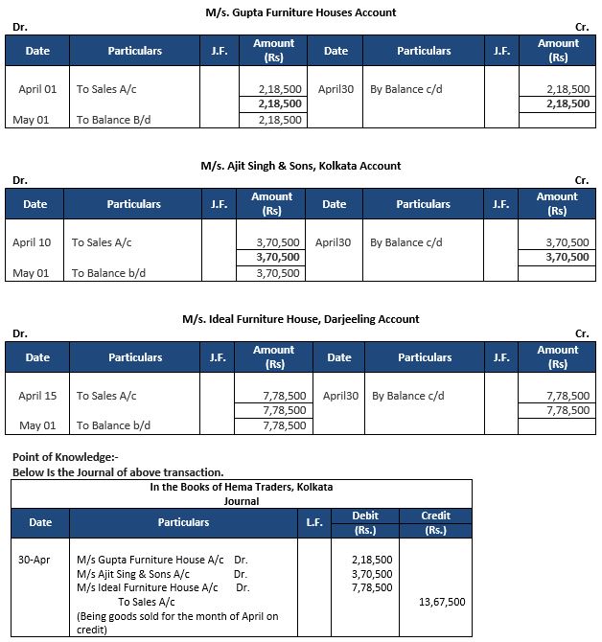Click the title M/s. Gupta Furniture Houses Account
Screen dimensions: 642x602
pyautogui.click(x=301, y=12)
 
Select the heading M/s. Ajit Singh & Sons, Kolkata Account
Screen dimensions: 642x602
pyautogui.click(x=301, y=166)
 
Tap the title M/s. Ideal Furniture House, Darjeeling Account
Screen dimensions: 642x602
pyautogui.click(x=301, y=319)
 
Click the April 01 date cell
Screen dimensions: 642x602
pyautogui.click(x=37, y=89)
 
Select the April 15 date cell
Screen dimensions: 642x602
pyautogui.click(x=37, y=396)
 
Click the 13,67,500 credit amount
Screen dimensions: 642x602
pyautogui.click(x=442, y=602)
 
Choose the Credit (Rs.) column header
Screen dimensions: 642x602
pyautogui.click(x=435, y=522)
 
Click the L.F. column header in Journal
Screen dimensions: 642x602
pyautogui.click(x=313, y=522)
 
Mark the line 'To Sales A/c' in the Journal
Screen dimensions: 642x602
pyautogui.click(x=147, y=602)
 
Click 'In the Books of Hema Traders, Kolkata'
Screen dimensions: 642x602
pyautogui.click(x=241, y=487)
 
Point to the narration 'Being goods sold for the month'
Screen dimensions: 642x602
pyautogui.click(x=176, y=616)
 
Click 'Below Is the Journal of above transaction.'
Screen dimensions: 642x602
pyautogui.click(x=118, y=472)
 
